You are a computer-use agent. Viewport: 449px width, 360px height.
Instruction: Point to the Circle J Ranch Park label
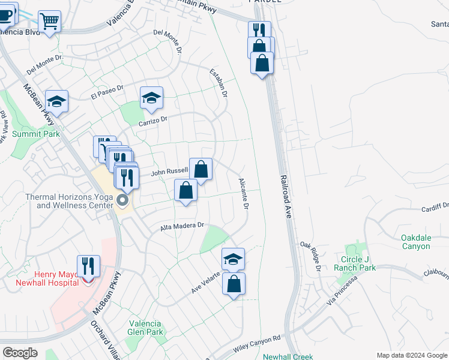coord(358,263)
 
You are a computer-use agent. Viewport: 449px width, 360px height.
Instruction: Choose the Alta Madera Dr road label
coord(182,227)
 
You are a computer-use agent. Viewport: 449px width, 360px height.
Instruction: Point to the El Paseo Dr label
coord(107,92)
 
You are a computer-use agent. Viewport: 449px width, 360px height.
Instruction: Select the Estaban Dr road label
coord(218,83)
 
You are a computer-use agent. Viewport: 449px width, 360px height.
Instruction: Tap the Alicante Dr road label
coord(244,194)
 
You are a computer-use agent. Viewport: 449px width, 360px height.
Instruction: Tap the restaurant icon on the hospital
coord(88,266)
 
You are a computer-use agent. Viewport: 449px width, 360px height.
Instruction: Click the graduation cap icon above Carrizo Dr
coord(152,97)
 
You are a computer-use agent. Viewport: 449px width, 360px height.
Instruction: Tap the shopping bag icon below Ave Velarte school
coord(234,284)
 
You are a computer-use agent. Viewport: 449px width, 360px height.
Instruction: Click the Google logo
coord(19,353)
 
